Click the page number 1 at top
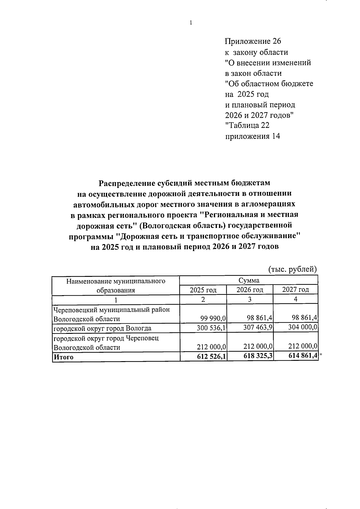[x=191, y=23]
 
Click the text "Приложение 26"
[x=253, y=41]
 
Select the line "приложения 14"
[x=252, y=136]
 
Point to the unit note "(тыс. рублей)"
[x=292, y=269]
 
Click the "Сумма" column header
[x=249, y=280]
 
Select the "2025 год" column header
[x=203, y=290]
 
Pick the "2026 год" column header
[x=250, y=290]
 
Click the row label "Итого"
[x=63, y=357]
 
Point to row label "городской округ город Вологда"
[x=102, y=328]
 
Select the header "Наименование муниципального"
[x=116, y=281]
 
